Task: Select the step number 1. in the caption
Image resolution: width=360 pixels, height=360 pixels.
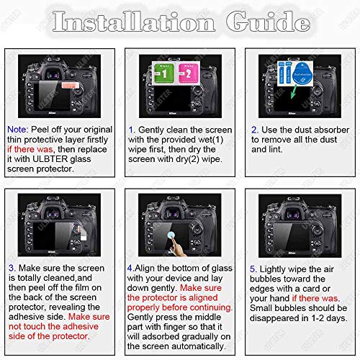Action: point(132,130)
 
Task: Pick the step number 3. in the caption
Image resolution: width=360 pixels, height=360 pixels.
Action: point(12,267)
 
